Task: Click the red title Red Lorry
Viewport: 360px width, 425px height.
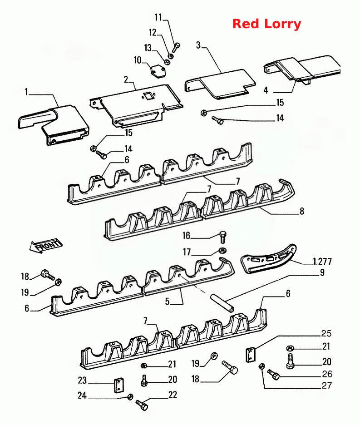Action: (x=267, y=24)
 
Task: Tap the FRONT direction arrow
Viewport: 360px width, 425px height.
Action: (x=46, y=246)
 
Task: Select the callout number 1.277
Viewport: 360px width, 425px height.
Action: (x=322, y=262)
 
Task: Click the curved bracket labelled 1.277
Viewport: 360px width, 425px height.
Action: (x=268, y=259)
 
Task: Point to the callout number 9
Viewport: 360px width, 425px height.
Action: (x=322, y=272)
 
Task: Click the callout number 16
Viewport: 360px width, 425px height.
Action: (x=186, y=235)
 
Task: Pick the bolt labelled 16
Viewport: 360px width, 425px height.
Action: (x=222, y=237)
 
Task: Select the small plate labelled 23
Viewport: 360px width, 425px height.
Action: (x=118, y=385)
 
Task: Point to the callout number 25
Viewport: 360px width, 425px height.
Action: (x=326, y=333)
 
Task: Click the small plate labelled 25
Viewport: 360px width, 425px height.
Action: (x=251, y=355)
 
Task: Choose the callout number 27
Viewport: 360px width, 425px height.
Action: (x=327, y=385)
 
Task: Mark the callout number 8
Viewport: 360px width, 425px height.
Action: (x=302, y=211)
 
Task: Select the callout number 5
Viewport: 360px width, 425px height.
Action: (x=167, y=301)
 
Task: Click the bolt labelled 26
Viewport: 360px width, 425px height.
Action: (x=274, y=375)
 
